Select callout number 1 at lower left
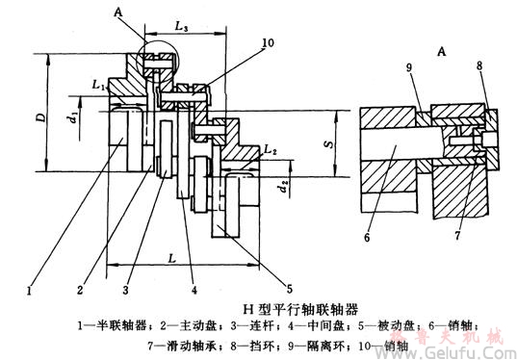click(30, 287)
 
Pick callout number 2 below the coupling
click(83, 287)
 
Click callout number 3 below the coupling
click(125, 287)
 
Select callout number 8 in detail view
click(478, 67)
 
